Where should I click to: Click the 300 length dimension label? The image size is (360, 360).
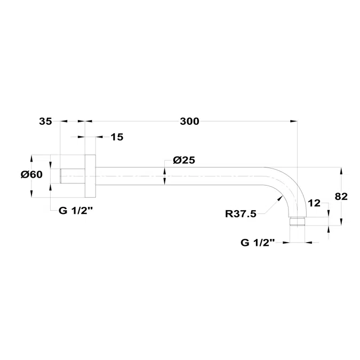tap(189, 121)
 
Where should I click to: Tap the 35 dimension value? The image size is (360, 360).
tap(45, 121)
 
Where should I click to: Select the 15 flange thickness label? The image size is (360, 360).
tap(117, 137)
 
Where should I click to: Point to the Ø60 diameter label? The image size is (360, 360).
tap(31, 175)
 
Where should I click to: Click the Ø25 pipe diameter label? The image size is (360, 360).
tap(184, 160)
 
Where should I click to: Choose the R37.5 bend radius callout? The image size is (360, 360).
tap(241, 214)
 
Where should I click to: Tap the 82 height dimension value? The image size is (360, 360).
tap(341, 196)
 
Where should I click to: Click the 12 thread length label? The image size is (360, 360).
tap(314, 203)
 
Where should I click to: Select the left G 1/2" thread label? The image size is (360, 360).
tap(76, 210)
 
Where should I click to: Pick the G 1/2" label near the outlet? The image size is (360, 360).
tap(258, 243)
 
